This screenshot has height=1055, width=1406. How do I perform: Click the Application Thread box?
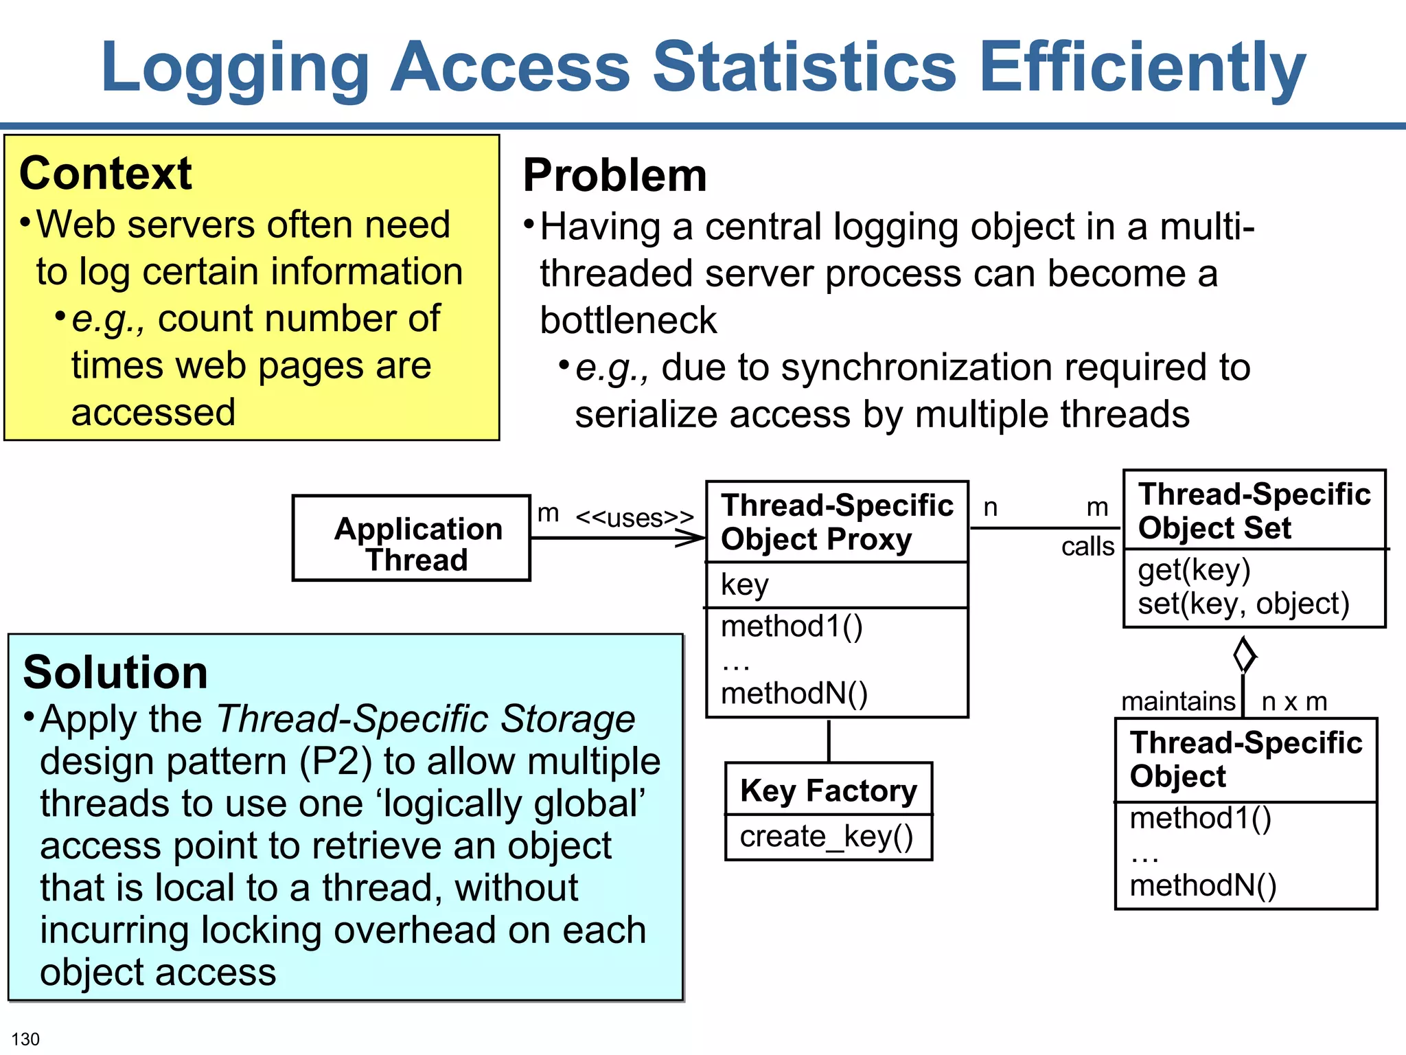click(x=411, y=538)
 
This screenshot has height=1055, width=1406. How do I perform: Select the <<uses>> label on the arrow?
click(x=634, y=517)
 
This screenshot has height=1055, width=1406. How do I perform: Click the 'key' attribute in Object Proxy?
click(x=744, y=585)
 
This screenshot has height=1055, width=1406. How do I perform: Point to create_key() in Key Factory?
click(x=827, y=837)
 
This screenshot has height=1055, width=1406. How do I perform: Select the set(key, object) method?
click(x=1243, y=603)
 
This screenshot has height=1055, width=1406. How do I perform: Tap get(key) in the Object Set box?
click(x=1194, y=570)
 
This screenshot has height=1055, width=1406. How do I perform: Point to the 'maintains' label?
click(x=1178, y=701)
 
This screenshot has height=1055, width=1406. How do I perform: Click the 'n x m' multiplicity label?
click(x=1294, y=701)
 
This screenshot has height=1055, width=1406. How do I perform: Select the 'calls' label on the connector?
click(x=1087, y=547)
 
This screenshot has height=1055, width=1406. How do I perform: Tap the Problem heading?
click(x=614, y=175)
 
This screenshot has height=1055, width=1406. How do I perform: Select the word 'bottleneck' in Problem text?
click(x=627, y=321)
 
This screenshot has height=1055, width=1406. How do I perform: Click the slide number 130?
click(x=25, y=1039)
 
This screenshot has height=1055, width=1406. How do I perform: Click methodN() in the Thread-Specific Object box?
click(x=1203, y=885)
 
